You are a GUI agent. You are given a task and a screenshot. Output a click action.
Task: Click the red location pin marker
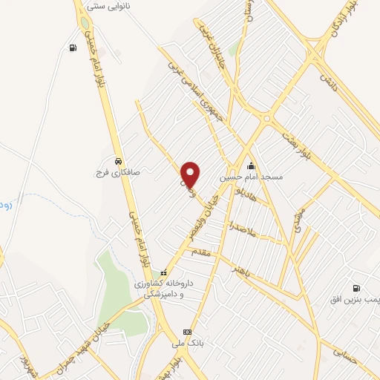191,174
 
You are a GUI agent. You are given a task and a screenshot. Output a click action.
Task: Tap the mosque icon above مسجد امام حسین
252,166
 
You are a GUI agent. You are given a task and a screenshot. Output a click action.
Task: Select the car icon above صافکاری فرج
118,160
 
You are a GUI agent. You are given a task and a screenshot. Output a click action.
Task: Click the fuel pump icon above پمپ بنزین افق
357,288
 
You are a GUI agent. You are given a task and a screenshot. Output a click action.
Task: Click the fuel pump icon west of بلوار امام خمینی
72,48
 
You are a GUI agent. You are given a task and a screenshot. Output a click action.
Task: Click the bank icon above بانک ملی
187,332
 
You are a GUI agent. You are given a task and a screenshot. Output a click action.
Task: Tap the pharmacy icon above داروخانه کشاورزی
164,272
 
